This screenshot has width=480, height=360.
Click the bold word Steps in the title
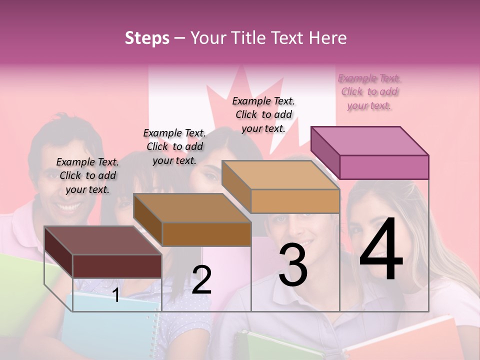147,38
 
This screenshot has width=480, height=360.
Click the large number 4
381,250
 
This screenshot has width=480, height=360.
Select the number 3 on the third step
293,265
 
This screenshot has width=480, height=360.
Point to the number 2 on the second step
201,280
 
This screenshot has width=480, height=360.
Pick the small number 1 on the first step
115,295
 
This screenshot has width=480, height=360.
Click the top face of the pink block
369,140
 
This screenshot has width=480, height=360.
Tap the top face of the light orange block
280,175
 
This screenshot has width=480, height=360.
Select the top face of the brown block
192,207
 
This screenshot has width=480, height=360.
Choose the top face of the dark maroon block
103,240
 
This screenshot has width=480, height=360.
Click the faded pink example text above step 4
369,92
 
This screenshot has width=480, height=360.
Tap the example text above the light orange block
263,114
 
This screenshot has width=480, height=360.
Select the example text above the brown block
174,146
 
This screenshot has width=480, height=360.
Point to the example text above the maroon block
87,175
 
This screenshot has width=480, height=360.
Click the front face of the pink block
384,167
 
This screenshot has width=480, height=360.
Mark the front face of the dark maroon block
117,266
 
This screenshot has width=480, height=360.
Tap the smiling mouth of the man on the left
70,205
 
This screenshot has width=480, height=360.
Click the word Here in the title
329,38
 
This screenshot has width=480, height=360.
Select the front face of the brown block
206,234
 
